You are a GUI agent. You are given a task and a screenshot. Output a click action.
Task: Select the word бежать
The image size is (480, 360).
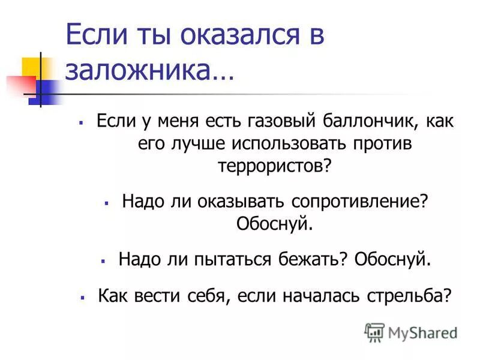[312, 259]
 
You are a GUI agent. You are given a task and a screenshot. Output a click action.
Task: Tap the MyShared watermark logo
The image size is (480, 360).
[411, 332]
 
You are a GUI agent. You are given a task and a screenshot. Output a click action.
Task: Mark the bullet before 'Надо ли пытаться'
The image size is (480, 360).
[103, 260]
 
